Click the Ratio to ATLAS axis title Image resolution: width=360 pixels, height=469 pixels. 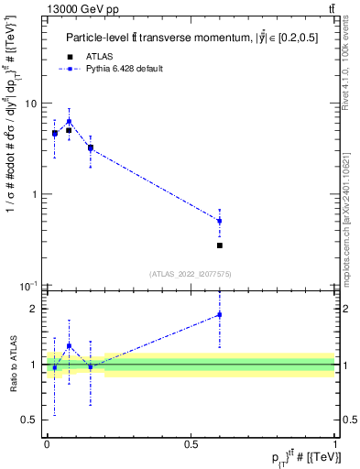coord(12,364)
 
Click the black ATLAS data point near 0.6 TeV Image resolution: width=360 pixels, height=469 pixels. coord(220,245)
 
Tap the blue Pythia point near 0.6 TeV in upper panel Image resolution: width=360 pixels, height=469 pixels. coord(220,221)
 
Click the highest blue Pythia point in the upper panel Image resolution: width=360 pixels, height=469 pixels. coord(69,121)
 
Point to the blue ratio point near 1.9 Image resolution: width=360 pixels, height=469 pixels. coord(220,315)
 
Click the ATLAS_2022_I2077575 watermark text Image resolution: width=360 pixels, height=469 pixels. coord(191,273)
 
